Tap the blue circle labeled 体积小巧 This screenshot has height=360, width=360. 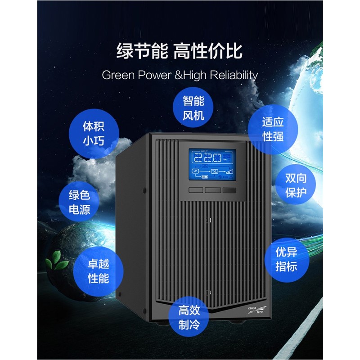(x=94, y=133)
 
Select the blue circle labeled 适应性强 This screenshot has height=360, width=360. (x=273, y=129)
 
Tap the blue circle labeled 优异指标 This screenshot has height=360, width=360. (x=287, y=259)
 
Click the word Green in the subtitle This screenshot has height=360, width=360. (x=117, y=75)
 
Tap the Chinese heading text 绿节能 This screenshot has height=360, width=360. (x=138, y=50)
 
